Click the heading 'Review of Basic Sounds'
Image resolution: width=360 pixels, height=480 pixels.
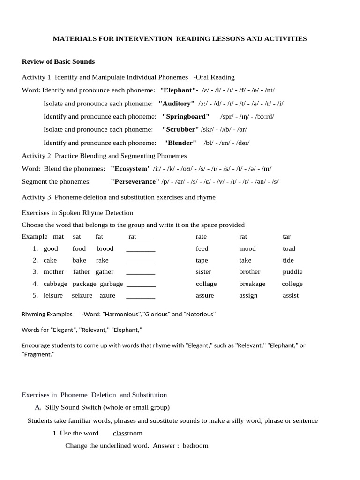(x=58, y=61)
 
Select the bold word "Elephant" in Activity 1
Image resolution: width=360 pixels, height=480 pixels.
(x=179, y=90)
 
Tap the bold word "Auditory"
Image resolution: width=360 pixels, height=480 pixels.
(x=177, y=103)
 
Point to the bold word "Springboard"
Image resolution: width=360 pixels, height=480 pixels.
(x=186, y=116)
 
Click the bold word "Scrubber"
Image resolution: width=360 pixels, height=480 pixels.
(x=181, y=129)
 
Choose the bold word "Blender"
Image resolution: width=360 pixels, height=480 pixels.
(x=180, y=142)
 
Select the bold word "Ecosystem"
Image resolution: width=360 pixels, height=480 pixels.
(x=131, y=168)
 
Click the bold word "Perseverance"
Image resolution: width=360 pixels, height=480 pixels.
(x=135, y=181)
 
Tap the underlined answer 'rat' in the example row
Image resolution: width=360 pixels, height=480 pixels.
(x=133, y=237)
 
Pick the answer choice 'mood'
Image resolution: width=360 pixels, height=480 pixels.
(x=247, y=248)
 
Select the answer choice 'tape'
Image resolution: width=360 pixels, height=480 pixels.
(x=202, y=260)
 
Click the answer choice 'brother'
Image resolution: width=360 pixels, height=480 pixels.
(x=250, y=272)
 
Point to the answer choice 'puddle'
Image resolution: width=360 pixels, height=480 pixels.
(x=292, y=272)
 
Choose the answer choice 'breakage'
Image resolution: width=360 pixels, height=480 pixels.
(x=252, y=284)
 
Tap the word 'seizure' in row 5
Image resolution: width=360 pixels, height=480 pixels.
(x=82, y=295)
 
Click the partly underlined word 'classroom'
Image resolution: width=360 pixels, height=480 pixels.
(x=127, y=433)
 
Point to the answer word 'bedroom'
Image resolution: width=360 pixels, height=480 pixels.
(x=195, y=445)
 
